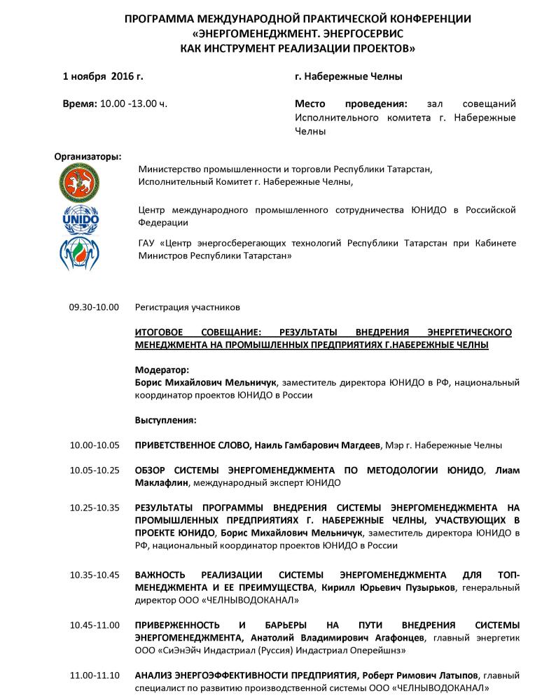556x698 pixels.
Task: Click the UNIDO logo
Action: point(81,217)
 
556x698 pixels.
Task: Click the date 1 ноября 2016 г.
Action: point(103,76)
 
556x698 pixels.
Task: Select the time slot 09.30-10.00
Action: point(94,307)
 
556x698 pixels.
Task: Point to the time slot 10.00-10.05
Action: point(94,445)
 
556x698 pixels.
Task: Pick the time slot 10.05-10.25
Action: point(94,470)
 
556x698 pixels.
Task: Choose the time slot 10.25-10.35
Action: point(94,507)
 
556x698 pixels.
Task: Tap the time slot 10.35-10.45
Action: point(94,575)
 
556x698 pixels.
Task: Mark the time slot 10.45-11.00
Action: point(94,624)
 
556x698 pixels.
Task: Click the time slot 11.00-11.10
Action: point(94,675)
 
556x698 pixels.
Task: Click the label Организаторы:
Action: point(88,155)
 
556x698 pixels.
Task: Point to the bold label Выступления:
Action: point(165,421)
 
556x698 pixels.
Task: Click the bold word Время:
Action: point(80,104)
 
